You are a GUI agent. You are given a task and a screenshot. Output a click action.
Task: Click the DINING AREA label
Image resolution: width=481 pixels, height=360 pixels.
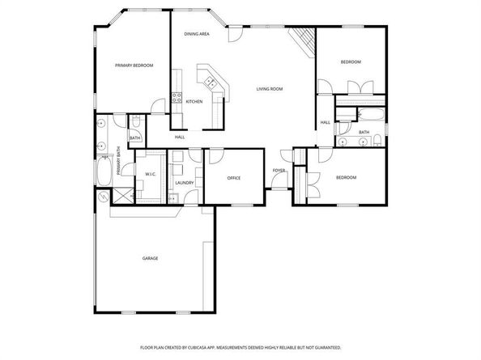pyautogui.click(x=197, y=34)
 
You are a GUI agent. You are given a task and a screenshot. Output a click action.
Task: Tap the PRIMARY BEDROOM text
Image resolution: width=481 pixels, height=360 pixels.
pyautogui.click(x=134, y=65)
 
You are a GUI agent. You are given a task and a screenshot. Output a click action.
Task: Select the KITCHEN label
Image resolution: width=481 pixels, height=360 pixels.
pyautogui.click(x=194, y=101)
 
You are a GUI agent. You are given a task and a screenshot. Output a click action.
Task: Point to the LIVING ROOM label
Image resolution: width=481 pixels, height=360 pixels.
pyautogui.click(x=270, y=88)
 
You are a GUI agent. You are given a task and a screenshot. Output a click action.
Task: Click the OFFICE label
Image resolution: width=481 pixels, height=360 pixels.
pyautogui.click(x=234, y=178)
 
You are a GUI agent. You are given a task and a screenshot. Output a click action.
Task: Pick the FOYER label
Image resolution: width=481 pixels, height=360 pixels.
pyautogui.click(x=279, y=171)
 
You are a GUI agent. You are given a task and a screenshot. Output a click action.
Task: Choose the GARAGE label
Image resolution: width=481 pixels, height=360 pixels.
pyautogui.click(x=150, y=258)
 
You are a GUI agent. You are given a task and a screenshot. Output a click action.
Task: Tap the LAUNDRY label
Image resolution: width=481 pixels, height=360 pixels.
pyautogui.click(x=185, y=183)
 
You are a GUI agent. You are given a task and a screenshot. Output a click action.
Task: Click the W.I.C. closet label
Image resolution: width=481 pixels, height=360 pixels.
pyautogui.click(x=151, y=174)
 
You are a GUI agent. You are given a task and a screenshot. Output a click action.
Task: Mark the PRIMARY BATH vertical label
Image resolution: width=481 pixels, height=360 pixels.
pyautogui.click(x=119, y=159)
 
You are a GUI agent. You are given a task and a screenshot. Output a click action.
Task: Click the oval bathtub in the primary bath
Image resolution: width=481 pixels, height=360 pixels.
pyautogui.click(x=103, y=172)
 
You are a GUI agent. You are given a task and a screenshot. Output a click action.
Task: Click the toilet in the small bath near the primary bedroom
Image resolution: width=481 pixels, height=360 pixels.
pyautogui.click(x=136, y=122)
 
